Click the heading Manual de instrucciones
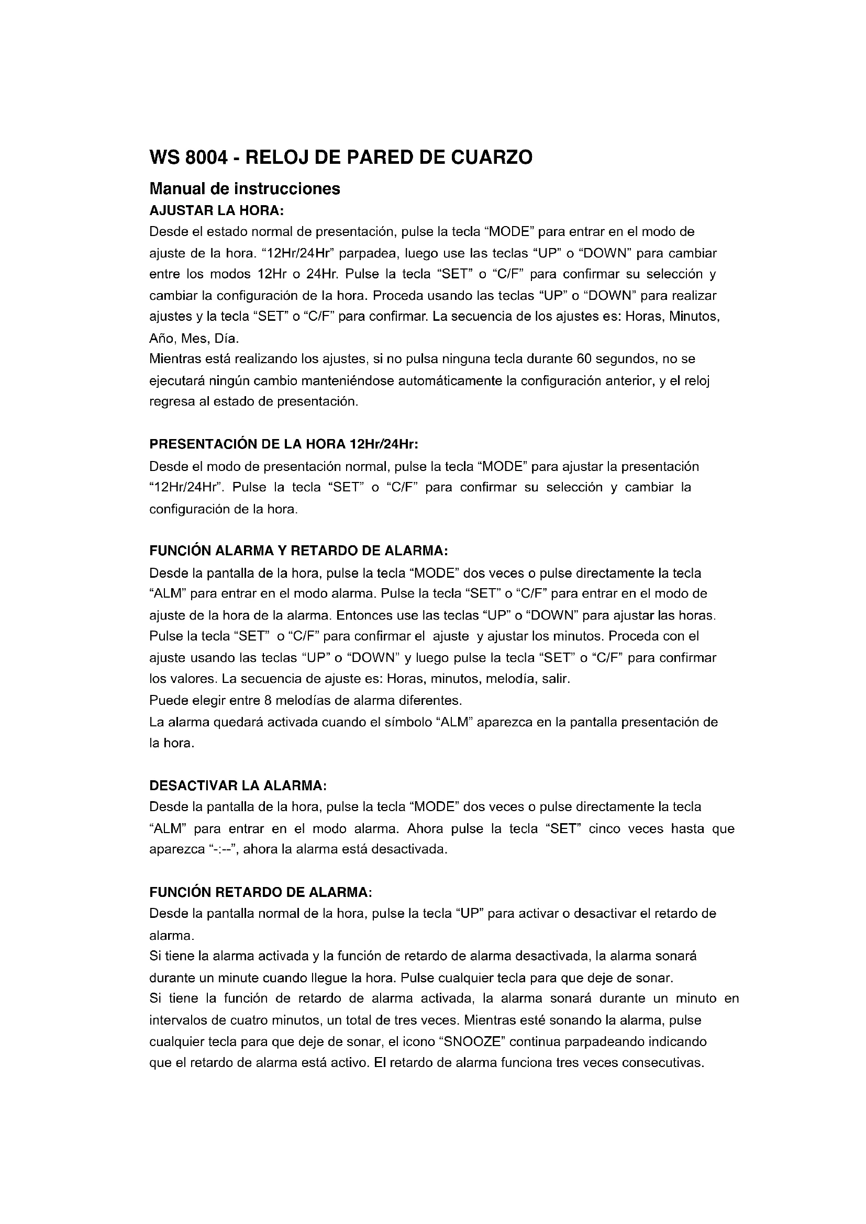tap(245, 189)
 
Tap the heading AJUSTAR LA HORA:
tap(217, 210)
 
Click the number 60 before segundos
tap(584, 359)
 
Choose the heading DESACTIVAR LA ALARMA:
tap(238, 786)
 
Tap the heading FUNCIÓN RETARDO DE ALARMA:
tap(261, 892)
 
